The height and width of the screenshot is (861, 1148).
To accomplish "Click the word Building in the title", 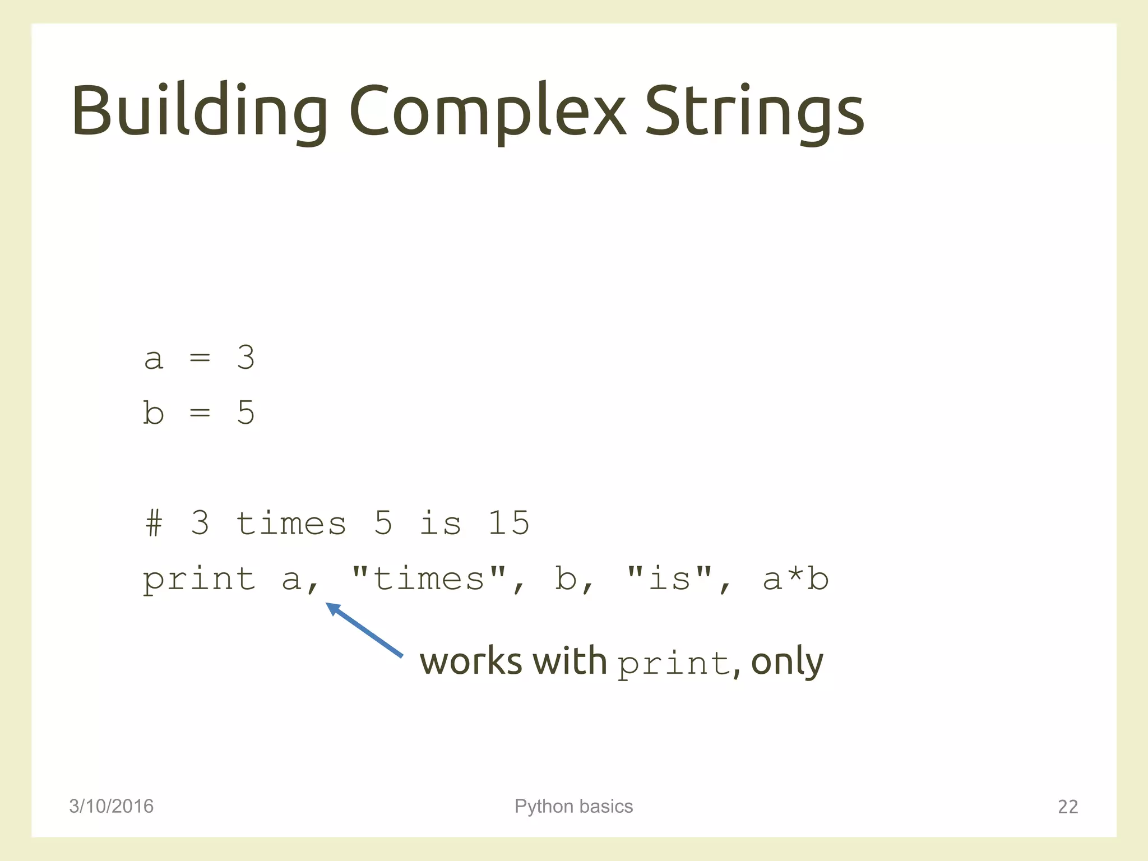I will coord(199,110).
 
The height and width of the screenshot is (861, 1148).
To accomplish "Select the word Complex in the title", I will coord(487,110).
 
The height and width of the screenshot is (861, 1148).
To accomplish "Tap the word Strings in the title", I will coord(754,110).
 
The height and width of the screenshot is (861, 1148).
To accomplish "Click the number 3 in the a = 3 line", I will coord(246,357).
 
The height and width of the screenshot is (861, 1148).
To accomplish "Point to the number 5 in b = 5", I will coord(246,413).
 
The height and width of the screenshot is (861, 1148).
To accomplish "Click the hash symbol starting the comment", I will coord(154,524).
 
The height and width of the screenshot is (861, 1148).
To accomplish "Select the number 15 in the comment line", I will coord(508,524).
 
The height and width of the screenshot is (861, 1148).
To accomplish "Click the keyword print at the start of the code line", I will coord(199,580).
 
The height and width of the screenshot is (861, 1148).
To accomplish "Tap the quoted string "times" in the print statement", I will coord(429,578).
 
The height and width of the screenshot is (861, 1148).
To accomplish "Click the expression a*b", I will coord(795,580).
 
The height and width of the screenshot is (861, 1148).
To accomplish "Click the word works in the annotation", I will coord(471,661).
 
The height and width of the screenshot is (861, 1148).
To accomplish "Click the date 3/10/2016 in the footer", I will coord(111,806).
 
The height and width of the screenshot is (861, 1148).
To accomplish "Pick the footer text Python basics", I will coord(573,806).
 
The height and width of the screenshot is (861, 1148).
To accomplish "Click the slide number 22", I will coord(1067,807).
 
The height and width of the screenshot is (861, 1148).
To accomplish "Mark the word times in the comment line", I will coord(291,524).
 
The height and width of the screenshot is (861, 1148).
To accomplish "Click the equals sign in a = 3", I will coord(200,358).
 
